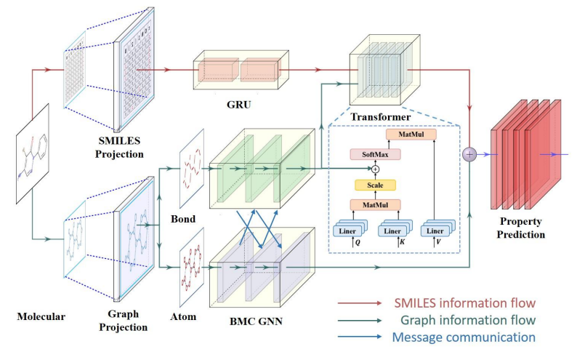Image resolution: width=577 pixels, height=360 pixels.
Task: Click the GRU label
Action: click(238, 104)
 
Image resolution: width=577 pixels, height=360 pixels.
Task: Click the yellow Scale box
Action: click(375, 185)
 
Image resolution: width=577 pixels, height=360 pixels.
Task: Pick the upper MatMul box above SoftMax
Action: click(407, 135)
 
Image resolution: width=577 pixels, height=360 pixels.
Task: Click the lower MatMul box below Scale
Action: click(375, 205)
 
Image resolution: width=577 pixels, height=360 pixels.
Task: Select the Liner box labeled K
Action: click(395, 231)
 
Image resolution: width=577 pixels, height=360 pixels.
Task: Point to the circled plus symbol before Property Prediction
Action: click(470, 154)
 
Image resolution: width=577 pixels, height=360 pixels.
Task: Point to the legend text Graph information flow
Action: click(469, 319)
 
